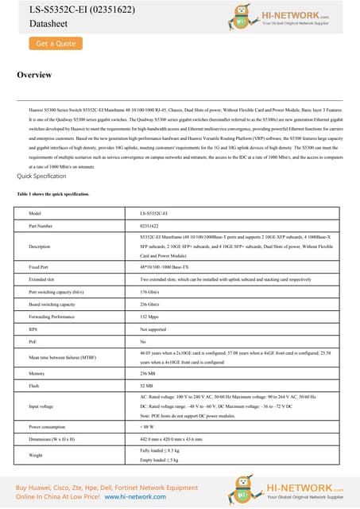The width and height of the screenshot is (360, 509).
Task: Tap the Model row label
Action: (34, 192)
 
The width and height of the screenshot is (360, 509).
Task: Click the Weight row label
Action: (35, 457)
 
